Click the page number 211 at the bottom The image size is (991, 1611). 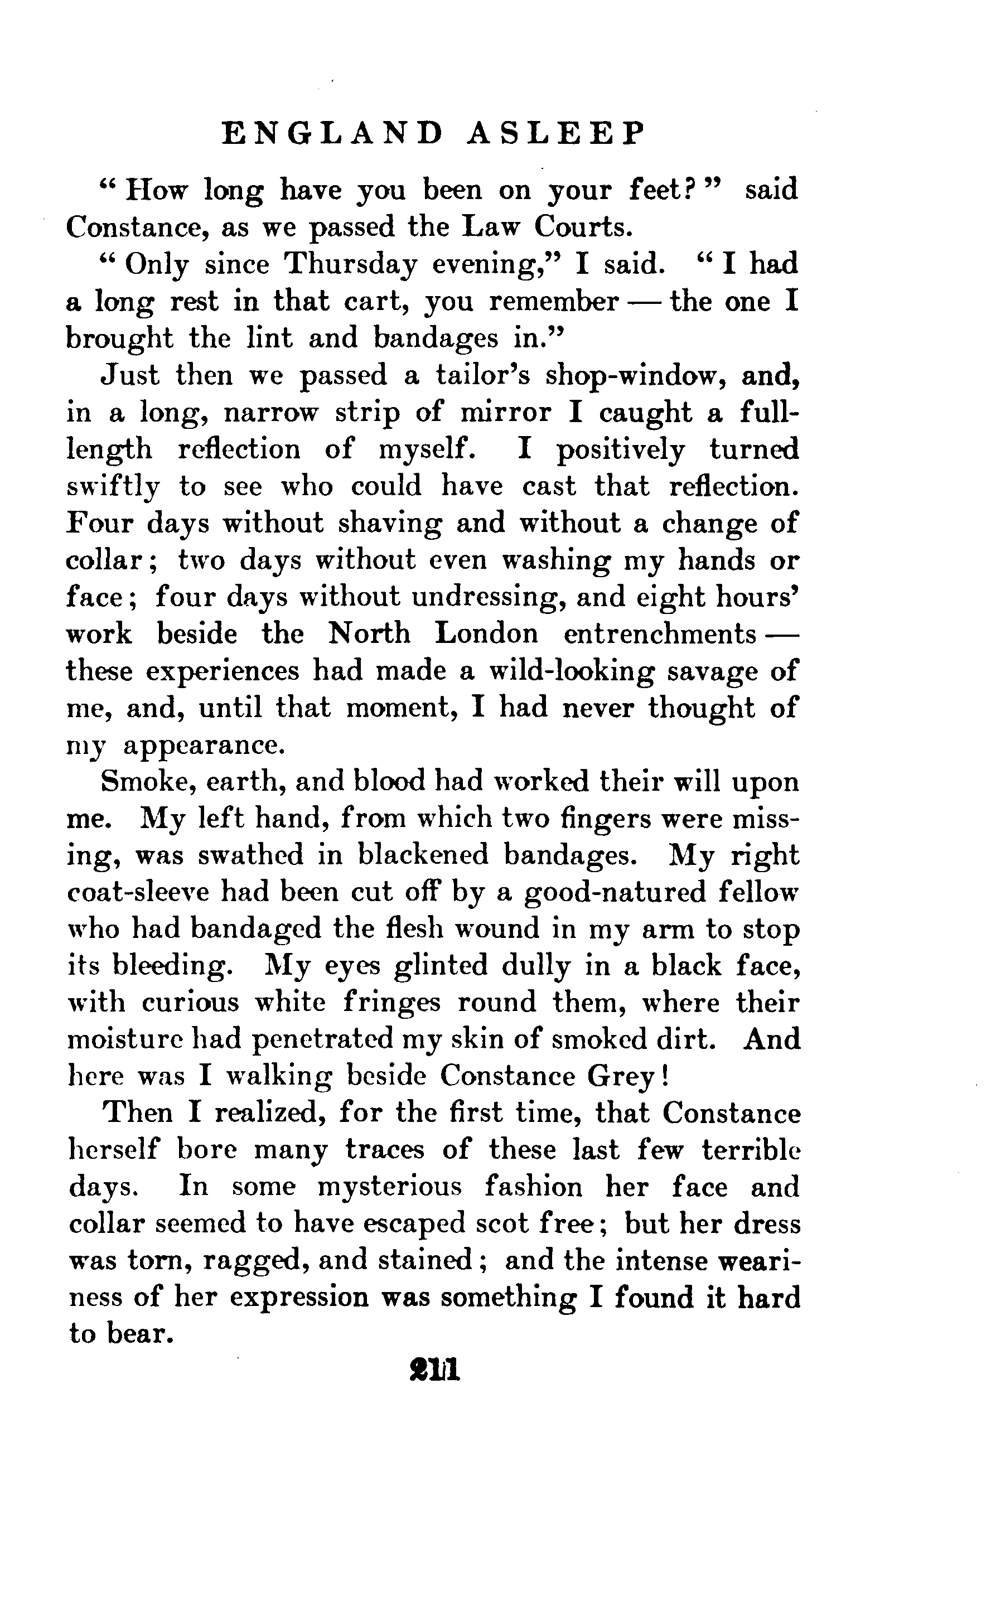(434, 1369)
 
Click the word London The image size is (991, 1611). (486, 634)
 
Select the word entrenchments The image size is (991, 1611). (659, 634)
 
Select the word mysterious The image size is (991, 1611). (390, 1187)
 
